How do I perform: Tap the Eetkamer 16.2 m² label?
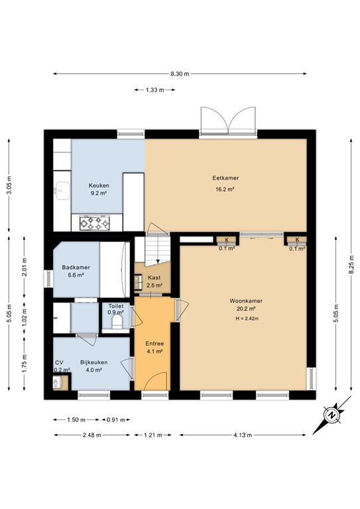tap(225, 183)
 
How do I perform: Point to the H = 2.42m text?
tap(246, 319)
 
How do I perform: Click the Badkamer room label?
tap(76, 271)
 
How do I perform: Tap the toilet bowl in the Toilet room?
tap(118, 323)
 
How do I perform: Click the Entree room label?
tap(154, 347)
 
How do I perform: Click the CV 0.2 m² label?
tap(59, 366)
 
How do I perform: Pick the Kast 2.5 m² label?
tap(154, 282)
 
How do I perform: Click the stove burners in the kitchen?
tap(94, 224)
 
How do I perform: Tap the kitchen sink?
tap(62, 191)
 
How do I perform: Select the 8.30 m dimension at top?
tap(179, 74)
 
